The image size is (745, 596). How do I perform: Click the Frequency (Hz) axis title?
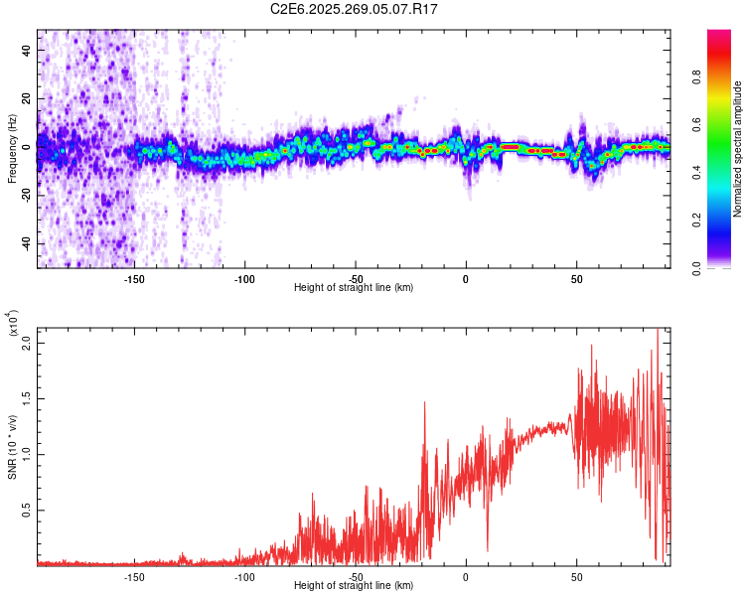coord(12,149)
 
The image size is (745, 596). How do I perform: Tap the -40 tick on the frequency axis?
coord(26,243)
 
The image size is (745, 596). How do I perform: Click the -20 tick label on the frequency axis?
coord(26,195)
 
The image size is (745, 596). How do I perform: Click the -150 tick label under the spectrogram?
coord(134,278)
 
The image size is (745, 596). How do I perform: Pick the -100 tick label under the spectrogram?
coord(244,278)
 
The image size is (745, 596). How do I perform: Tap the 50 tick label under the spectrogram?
coord(576,278)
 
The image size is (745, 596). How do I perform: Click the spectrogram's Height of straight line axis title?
coord(355,288)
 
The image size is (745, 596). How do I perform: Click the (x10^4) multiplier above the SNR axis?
coord(14,323)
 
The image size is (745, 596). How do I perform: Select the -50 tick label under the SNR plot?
coord(355,575)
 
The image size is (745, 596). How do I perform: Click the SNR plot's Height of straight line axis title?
coord(355,586)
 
